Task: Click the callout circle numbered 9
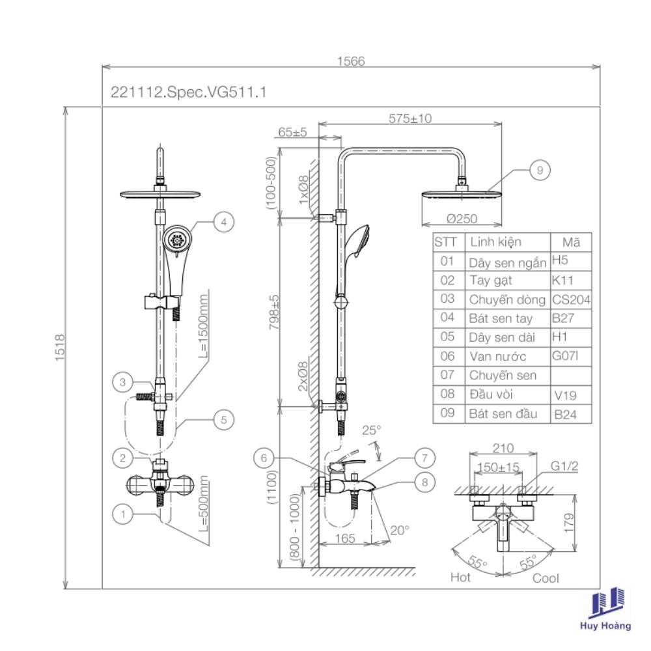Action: click(x=540, y=171)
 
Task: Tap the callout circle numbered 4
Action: click(x=223, y=222)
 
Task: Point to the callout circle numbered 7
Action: click(x=424, y=458)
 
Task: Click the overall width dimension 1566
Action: click(x=351, y=61)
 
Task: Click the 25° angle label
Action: click(x=372, y=430)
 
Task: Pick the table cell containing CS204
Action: click(x=570, y=299)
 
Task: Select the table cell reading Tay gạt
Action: click(x=490, y=281)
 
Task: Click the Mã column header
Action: click(x=571, y=242)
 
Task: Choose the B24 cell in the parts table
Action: click(x=565, y=414)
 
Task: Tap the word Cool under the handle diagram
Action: click(x=546, y=578)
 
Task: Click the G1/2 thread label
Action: click(x=564, y=466)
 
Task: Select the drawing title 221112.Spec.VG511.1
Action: click(x=189, y=93)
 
